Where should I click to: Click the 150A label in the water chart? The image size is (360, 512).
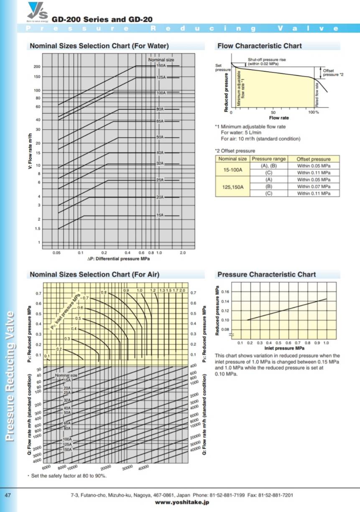[161, 66]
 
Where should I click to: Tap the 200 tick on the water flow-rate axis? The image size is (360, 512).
[37, 67]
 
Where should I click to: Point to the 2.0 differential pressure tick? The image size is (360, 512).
[182, 253]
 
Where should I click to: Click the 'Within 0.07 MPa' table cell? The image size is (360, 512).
[314, 186]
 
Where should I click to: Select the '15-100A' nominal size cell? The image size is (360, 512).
[232, 169]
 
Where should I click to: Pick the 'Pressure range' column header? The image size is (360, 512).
[268, 159]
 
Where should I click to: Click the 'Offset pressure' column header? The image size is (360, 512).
[313, 159]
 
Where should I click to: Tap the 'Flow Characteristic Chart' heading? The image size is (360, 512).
[259, 46]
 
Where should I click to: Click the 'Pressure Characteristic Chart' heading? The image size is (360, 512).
[266, 275]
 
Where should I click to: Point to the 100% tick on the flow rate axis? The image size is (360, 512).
[311, 113]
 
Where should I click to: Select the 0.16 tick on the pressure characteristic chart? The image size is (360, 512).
[225, 291]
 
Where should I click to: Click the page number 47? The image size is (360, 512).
[8, 495]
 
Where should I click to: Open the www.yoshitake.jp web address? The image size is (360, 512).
[181, 502]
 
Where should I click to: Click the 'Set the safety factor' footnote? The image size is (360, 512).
[67, 476]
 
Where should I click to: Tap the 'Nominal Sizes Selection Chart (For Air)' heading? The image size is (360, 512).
[94, 275]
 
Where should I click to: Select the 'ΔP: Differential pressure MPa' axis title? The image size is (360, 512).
[118, 259]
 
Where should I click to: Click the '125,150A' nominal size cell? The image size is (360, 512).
[232, 186]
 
